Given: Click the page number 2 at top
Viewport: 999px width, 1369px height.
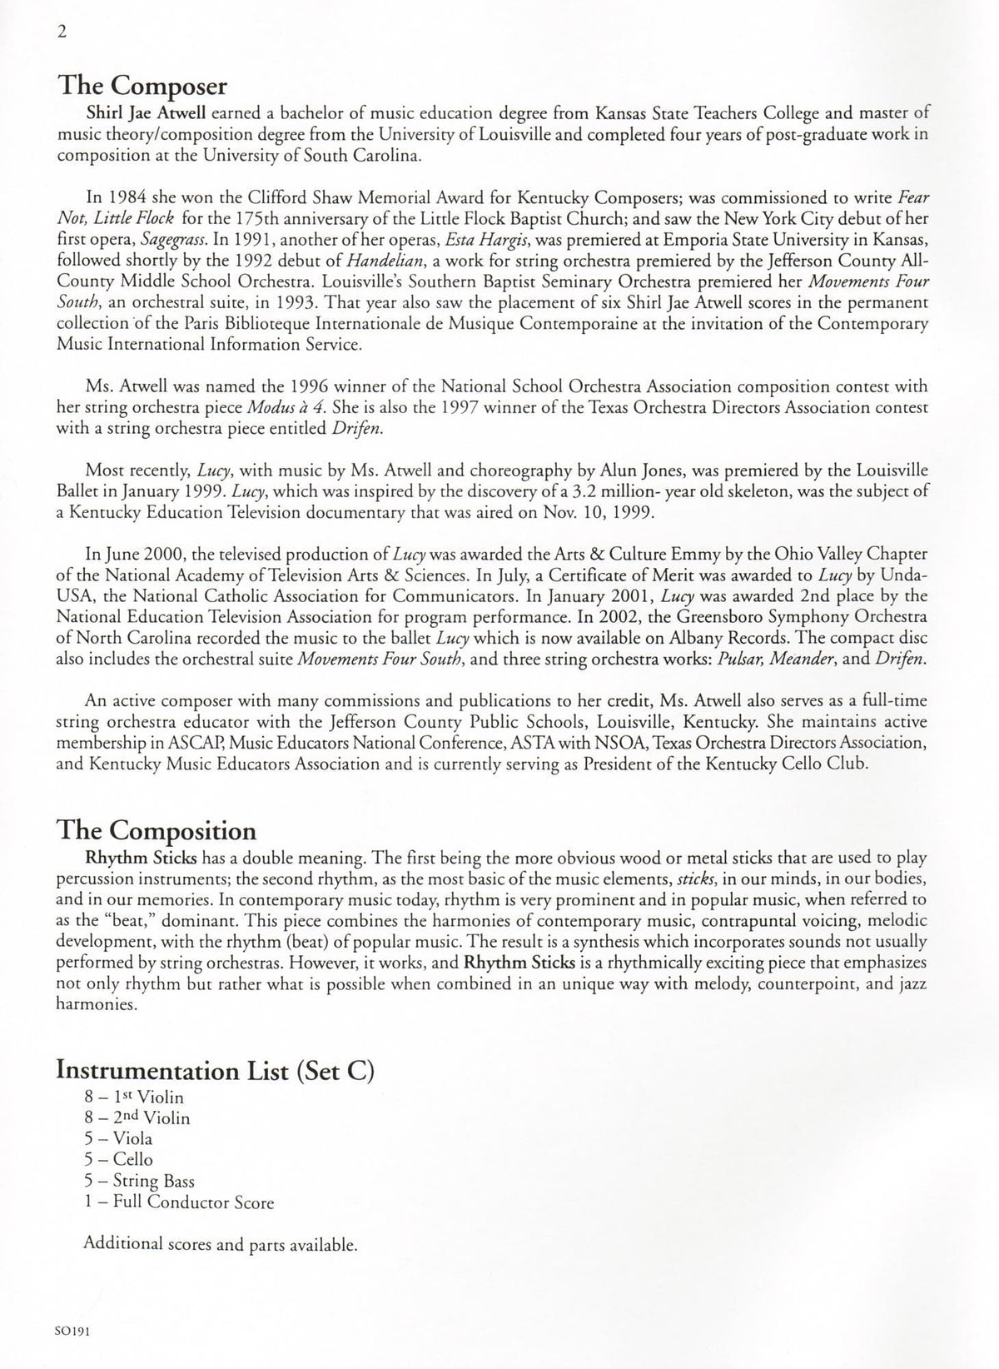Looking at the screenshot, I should click(62, 32).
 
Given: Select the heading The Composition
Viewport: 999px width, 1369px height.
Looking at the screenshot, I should click(156, 831).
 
